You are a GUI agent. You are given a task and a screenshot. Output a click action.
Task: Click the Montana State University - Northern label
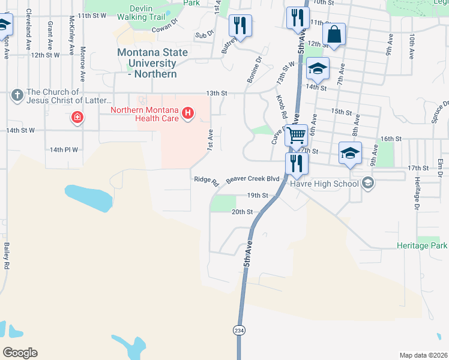[152, 63]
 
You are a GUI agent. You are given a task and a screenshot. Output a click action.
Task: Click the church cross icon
[17, 95]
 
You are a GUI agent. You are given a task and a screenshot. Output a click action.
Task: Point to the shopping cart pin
[295, 136]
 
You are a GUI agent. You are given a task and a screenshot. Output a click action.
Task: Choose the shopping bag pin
[334, 35]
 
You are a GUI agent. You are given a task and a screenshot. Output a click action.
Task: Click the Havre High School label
[324, 184]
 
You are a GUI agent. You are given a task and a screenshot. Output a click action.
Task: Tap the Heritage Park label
[422, 246]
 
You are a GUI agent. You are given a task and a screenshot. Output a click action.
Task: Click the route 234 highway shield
[238, 331]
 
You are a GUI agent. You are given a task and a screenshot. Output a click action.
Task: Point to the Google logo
[20, 353]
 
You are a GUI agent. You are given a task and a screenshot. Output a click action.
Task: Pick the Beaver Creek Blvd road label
[253, 179]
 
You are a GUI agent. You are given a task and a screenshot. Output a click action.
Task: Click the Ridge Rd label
[206, 180]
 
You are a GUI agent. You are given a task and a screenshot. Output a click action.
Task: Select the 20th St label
[241, 212]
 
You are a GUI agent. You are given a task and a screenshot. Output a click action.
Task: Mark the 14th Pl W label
[64, 149]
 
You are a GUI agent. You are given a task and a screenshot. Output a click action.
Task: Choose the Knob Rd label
[281, 106]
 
